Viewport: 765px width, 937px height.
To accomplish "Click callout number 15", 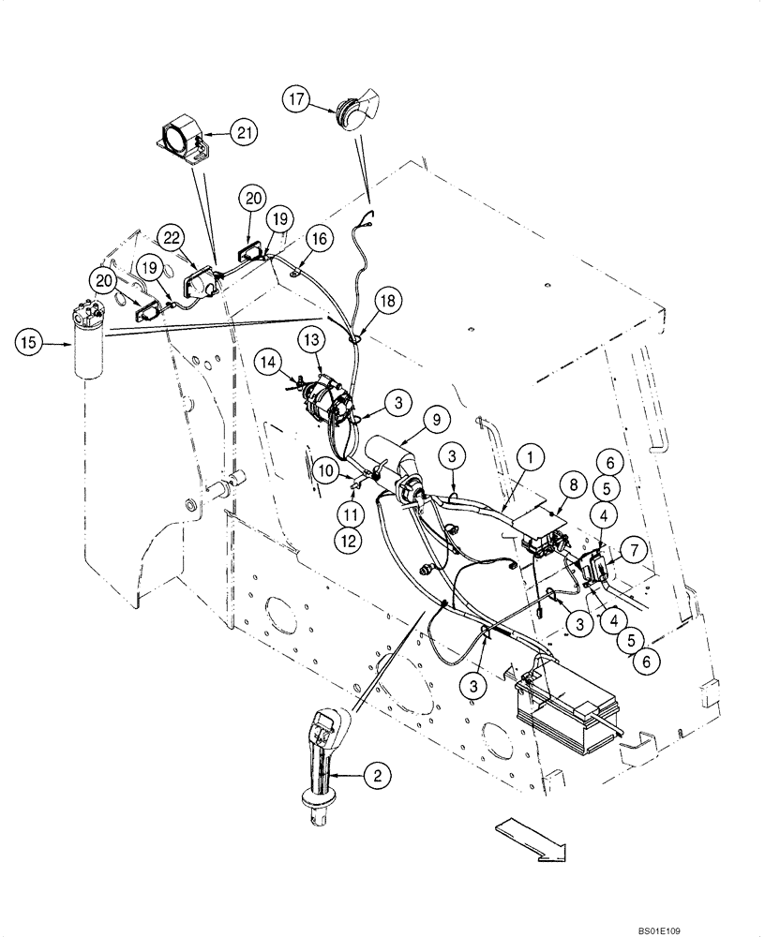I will pyautogui.click(x=28, y=343).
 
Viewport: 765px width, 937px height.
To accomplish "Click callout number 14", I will pyautogui.click(x=269, y=359).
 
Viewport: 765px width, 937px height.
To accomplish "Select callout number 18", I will pyautogui.click(x=386, y=301).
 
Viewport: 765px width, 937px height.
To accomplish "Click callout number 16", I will pyautogui.click(x=317, y=240).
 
